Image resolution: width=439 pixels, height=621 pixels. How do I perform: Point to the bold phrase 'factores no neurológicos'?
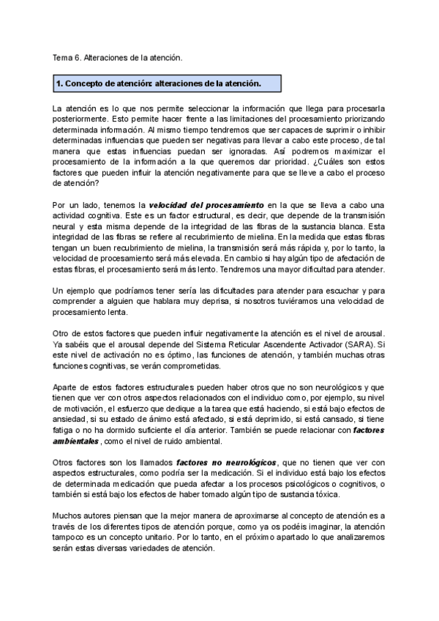(x=226, y=463)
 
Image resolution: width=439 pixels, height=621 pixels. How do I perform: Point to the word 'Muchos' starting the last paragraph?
(x=70, y=517)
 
